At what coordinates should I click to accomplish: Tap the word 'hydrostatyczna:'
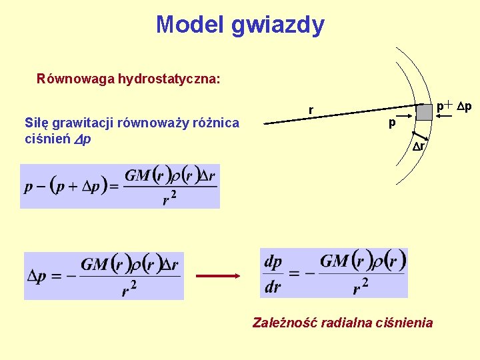pos(169,79)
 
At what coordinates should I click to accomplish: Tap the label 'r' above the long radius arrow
pos(311,109)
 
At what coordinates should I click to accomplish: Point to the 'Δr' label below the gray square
pos(418,146)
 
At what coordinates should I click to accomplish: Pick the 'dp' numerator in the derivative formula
pos(273,261)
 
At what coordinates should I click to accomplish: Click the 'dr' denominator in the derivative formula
pos(273,287)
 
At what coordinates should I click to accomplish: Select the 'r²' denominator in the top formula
pos(170,198)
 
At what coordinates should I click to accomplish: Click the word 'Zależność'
pos(285,323)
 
